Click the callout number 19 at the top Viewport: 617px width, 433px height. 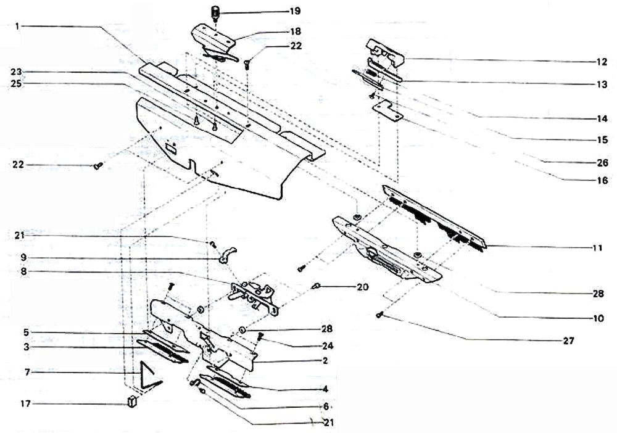pos(295,11)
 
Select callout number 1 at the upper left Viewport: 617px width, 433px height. pos(17,26)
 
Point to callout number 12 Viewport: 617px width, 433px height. pos(602,62)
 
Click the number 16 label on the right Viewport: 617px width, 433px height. pos(602,181)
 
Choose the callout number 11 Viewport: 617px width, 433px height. pos(597,248)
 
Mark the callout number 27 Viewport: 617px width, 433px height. pos(569,340)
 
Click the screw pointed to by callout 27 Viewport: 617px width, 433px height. pos(379,314)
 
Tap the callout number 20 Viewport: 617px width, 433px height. pos(363,287)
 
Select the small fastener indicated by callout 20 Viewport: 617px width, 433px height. pos(315,286)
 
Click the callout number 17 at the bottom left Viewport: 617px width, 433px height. pos(25,403)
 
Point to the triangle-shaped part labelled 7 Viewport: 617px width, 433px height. pos(149,376)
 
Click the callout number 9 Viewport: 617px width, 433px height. pos(23,257)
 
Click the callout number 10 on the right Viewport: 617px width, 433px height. pos(598,318)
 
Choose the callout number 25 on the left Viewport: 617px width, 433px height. pos(17,84)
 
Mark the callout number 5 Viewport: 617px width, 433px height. pos(26,332)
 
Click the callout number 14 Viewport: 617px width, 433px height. pos(602,118)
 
